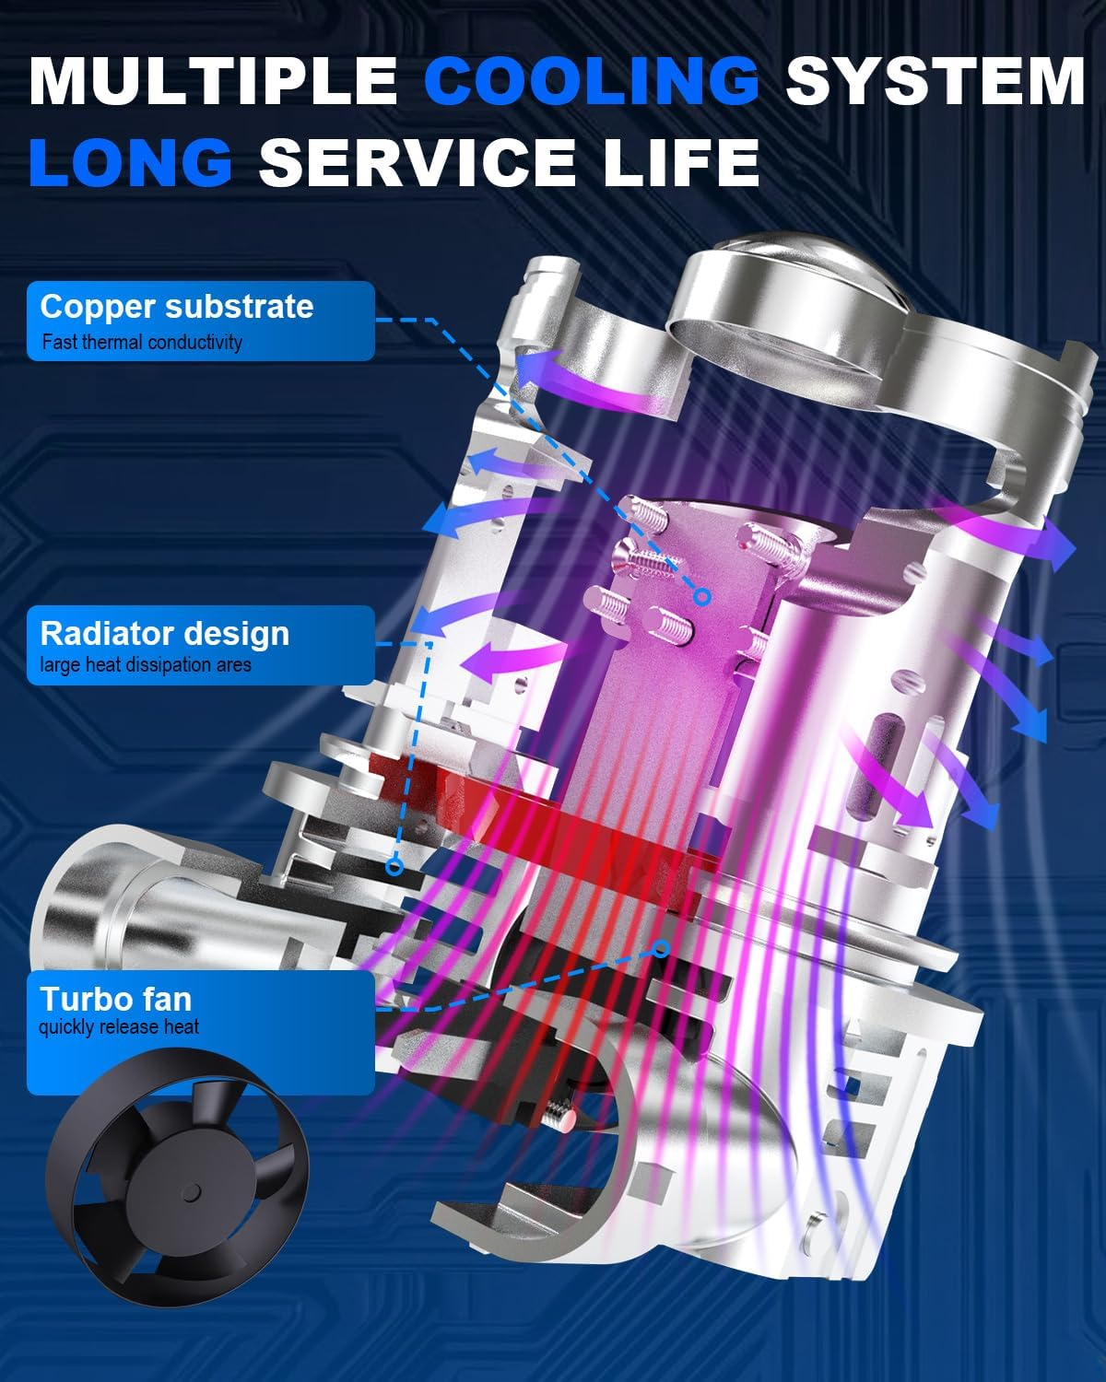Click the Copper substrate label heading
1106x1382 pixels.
coord(177,307)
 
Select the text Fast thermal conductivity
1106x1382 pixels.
coord(142,342)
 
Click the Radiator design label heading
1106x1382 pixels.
coord(165,634)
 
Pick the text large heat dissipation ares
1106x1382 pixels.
coord(146,664)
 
